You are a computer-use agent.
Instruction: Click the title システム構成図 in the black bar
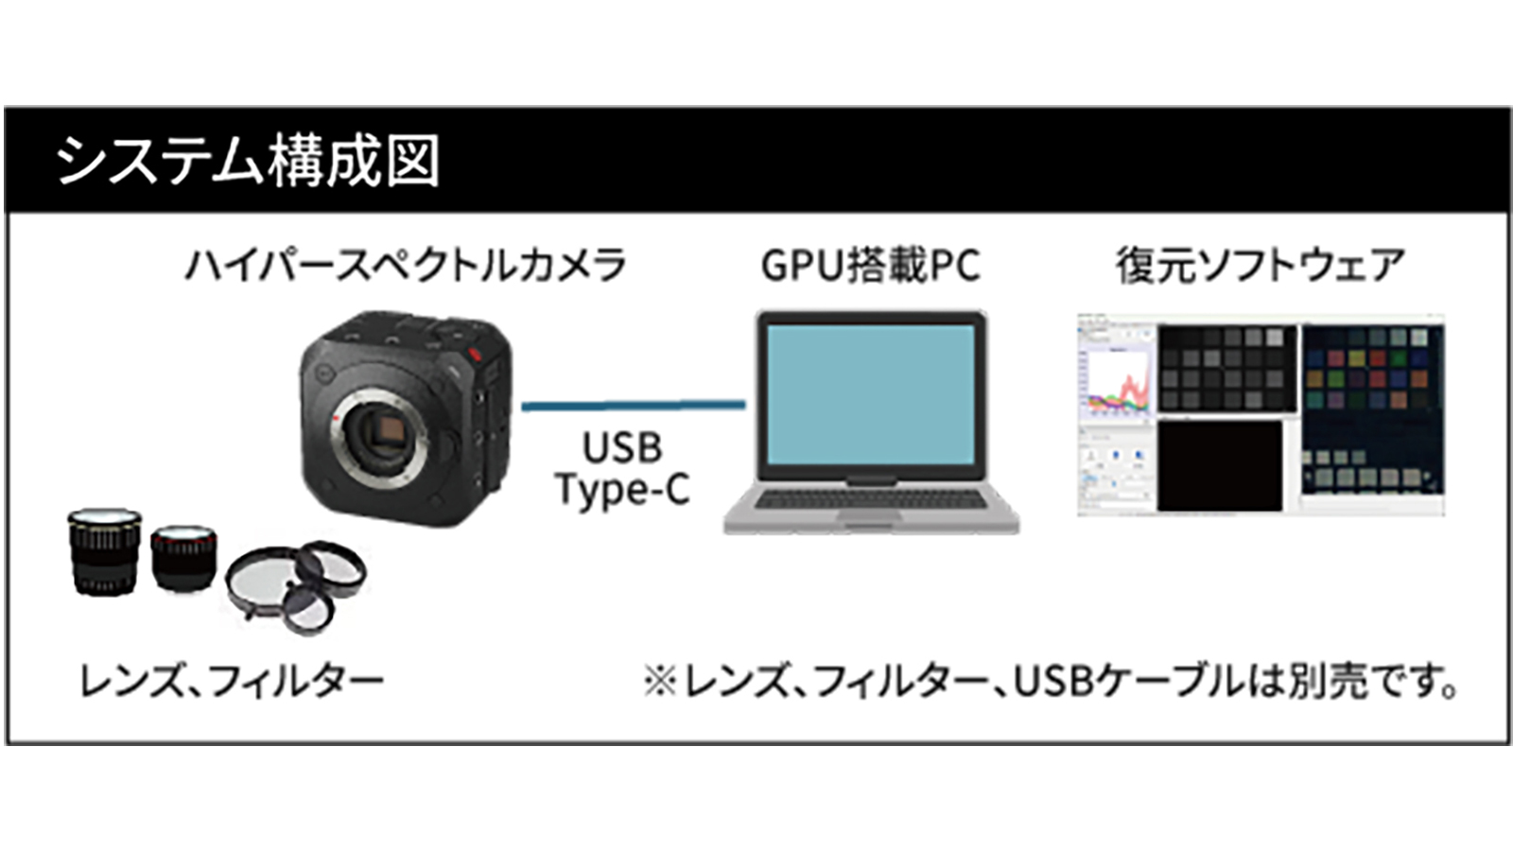[x=248, y=161]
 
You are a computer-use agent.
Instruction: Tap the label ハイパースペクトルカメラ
[x=405, y=265]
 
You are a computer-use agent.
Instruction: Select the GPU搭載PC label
[x=870, y=266]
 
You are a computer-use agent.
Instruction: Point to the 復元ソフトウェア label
[x=1260, y=265]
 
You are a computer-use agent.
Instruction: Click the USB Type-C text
[x=621, y=469]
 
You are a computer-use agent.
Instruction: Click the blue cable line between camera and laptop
[x=633, y=406]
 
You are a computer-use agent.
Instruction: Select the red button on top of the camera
[x=476, y=356]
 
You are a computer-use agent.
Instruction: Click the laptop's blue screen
[x=870, y=393]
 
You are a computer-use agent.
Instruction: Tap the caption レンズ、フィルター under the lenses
[x=231, y=681]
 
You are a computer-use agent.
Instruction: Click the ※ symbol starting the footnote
[x=660, y=681]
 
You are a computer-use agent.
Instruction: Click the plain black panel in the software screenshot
[x=1220, y=466]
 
